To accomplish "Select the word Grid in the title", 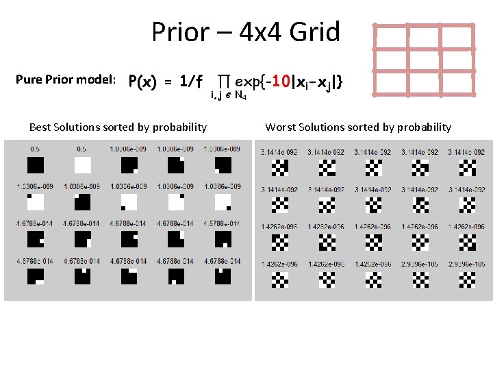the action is (314, 32).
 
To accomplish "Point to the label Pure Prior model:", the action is (65, 79).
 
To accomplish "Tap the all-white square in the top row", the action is (82, 165).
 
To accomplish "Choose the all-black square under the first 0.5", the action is (35, 165).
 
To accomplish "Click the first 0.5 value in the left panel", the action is (35, 149).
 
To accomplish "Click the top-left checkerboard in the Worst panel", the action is (280, 167).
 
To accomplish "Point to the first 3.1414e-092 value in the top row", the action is (279, 151).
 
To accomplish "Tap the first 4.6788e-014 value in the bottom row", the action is (35, 261).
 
